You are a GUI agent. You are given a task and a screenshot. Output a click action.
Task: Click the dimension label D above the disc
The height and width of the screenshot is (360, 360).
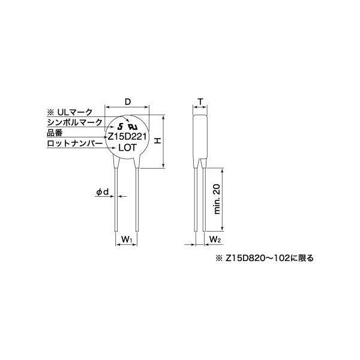pyautogui.click(x=127, y=101)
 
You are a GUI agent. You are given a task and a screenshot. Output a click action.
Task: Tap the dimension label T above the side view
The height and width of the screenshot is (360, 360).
pyautogui.click(x=200, y=101)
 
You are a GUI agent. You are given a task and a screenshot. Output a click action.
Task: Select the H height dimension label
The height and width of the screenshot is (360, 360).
pyautogui.click(x=157, y=141)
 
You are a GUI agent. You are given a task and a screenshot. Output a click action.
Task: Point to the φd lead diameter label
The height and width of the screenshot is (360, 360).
pyautogui.click(x=103, y=192)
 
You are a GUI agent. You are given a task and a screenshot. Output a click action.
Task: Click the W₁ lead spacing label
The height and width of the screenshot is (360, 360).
pyautogui.click(x=127, y=239)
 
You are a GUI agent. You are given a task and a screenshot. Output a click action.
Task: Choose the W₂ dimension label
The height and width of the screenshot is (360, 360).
pyautogui.click(x=215, y=239)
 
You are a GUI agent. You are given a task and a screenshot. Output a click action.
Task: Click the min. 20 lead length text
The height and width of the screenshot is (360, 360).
pyautogui.click(x=217, y=199)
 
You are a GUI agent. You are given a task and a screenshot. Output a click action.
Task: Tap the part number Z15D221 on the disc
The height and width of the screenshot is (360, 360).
pyautogui.click(x=127, y=137)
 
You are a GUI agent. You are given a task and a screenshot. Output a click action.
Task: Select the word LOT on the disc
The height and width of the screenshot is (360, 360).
pyautogui.click(x=127, y=148)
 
